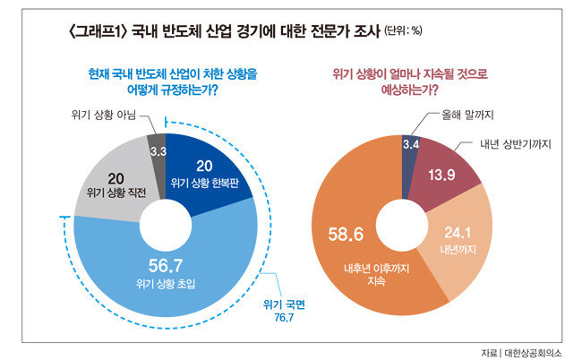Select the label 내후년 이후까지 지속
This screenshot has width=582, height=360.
click(373, 274)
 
